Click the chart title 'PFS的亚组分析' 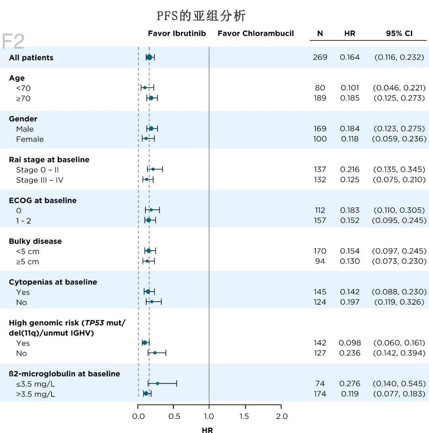coord(201,16)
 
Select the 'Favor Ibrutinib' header coord(177,33)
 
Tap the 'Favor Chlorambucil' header coord(255,33)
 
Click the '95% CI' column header coord(399,33)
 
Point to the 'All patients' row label coord(31,58)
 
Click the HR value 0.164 coord(350,57)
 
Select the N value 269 coord(320,57)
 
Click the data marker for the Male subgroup coord(151,128)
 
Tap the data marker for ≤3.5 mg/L coord(158,383)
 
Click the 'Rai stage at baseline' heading coord(49,160)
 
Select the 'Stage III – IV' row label coord(40,180)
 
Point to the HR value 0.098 coord(350,343)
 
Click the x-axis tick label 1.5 coord(245,416)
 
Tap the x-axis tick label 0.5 coord(174,416)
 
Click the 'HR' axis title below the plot coord(207,430)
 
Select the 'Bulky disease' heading coord(35,241)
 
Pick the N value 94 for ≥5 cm coord(320,261)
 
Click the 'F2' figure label coord(13,41)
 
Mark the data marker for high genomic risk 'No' coord(155,352)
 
